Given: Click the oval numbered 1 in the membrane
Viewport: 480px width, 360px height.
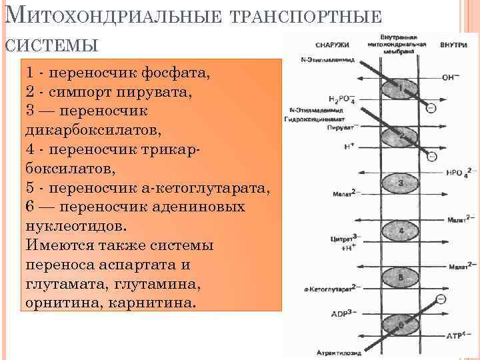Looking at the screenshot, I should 400,88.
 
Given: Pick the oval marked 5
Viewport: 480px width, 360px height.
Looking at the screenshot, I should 400,276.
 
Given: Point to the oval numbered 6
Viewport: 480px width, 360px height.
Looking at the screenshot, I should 400,325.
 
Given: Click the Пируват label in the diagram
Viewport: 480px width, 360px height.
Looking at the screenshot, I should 341,127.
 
